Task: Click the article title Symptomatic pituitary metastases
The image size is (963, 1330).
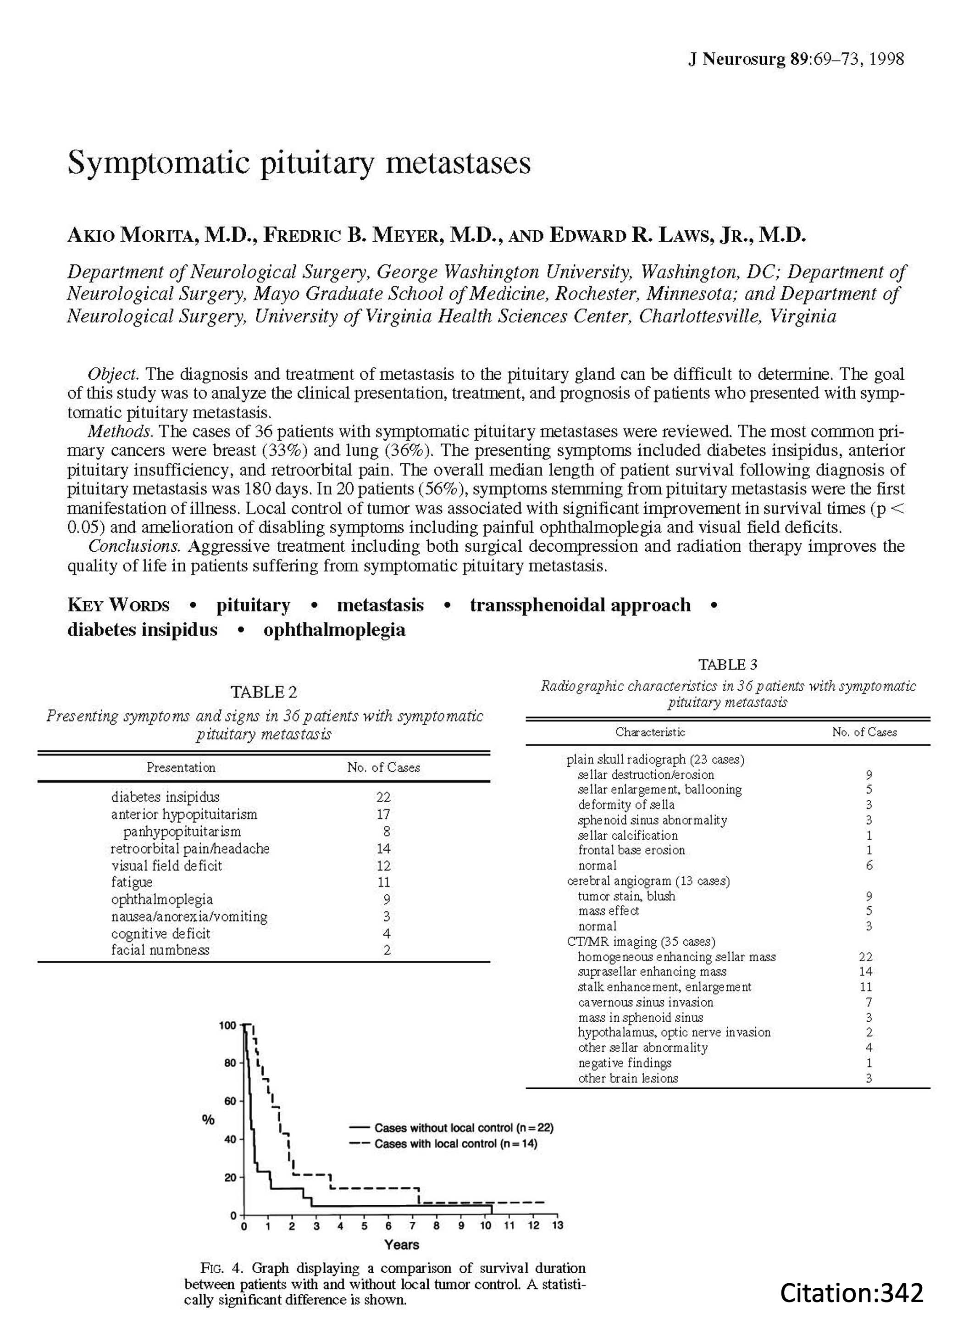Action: pos(299,162)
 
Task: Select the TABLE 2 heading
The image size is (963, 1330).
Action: pos(263,692)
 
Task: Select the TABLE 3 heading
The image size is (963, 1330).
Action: pos(727,665)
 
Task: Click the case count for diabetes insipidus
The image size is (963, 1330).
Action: pos(383,797)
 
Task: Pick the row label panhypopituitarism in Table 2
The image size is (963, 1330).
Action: pos(182,831)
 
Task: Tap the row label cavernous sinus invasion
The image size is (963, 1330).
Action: pos(645,1002)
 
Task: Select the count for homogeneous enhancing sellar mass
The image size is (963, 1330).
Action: pos(865,957)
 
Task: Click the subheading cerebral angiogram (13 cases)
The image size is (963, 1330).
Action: pos(648,881)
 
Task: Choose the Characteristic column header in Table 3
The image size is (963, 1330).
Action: pos(650,732)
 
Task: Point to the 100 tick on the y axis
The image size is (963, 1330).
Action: pos(227,1025)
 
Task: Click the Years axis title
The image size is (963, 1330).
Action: pos(401,1244)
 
